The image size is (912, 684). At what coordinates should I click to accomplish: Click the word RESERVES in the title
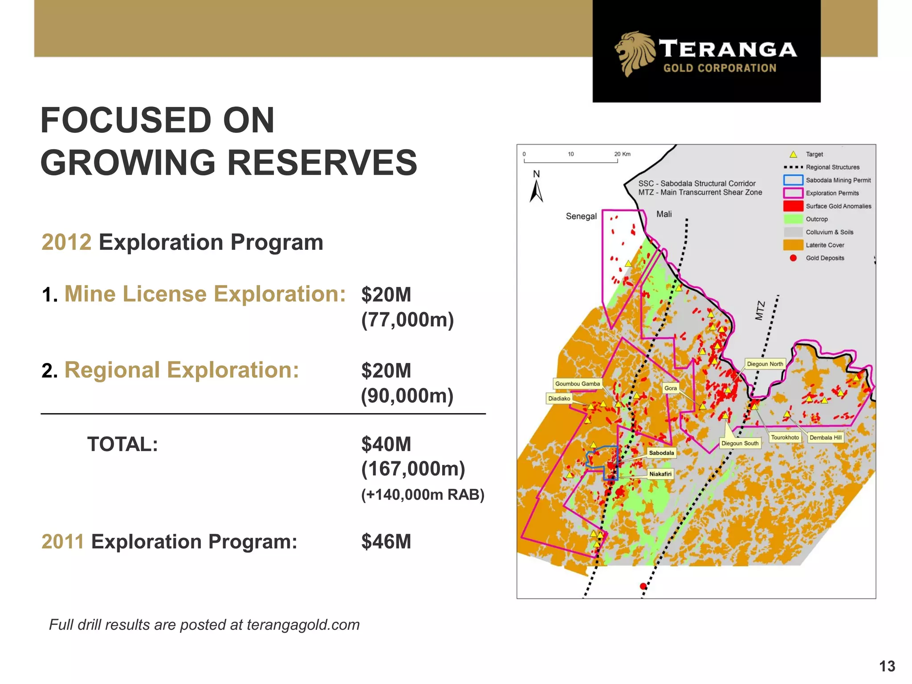(x=322, y=163)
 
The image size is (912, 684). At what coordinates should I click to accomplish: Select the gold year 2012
(x=66, y=243)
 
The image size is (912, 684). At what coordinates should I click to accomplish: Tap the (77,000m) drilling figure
(x=407, y=320)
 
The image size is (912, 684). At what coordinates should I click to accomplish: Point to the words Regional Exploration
(x=182, y=370)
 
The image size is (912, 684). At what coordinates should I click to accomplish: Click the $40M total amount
(x=386, y=444)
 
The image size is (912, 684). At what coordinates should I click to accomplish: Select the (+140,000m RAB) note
(x=423, y=495)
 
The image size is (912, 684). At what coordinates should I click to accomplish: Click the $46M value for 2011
(x=386, y=541)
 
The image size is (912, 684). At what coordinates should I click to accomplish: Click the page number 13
(x=887, y=666)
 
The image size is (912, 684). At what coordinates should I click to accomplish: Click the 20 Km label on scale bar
(x=622, y=154)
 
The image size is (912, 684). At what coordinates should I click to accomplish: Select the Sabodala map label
(x=661, y=453)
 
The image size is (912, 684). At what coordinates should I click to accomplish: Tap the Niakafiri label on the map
(x=660, y=474)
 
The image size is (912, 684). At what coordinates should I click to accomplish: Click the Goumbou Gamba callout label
(x=577, y=384)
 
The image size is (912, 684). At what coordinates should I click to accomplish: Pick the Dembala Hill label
(x=825, y=438)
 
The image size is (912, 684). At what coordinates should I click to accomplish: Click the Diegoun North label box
(x=765, y=364)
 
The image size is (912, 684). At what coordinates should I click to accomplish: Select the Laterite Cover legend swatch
(x=793, y=245)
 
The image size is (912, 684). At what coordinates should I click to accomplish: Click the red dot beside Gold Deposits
(x=793, y=258)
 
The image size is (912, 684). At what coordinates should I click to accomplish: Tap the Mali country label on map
(x=664, y=214)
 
